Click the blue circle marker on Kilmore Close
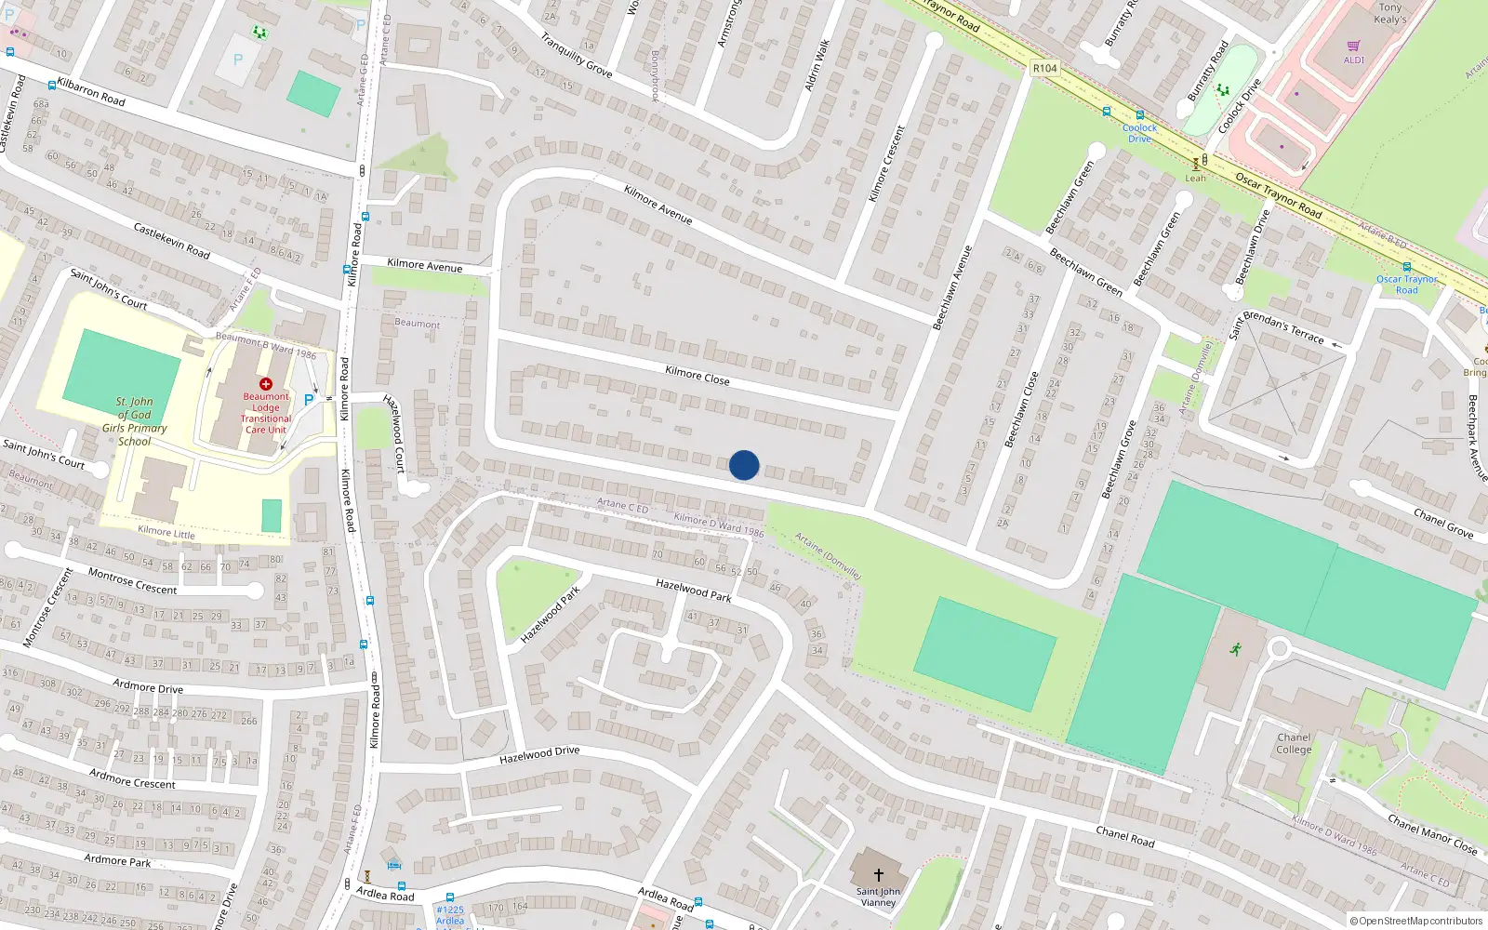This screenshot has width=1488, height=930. coord(744,465)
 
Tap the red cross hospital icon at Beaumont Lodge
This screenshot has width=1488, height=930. coord(266,384)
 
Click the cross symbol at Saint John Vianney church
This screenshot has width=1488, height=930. coord(878,874)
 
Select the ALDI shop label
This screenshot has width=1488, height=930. coord(1353,60)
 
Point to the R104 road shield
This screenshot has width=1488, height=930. coord(1044,68)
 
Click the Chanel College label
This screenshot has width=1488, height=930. coord(1294,743)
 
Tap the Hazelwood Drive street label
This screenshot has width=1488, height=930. coord(539,755)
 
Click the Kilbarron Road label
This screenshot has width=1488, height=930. coord(91,91)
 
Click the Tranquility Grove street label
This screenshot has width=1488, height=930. coord(576,55)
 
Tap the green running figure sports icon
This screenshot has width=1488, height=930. coord(1235,649)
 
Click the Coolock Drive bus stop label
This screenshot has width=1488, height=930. coord(1139,133)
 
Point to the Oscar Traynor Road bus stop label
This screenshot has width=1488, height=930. coord(1406,284)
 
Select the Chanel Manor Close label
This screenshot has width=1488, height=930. coord(1431,834)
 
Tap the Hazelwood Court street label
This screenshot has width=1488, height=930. coord(395,432)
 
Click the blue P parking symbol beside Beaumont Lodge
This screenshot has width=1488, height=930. coord(309,400)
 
